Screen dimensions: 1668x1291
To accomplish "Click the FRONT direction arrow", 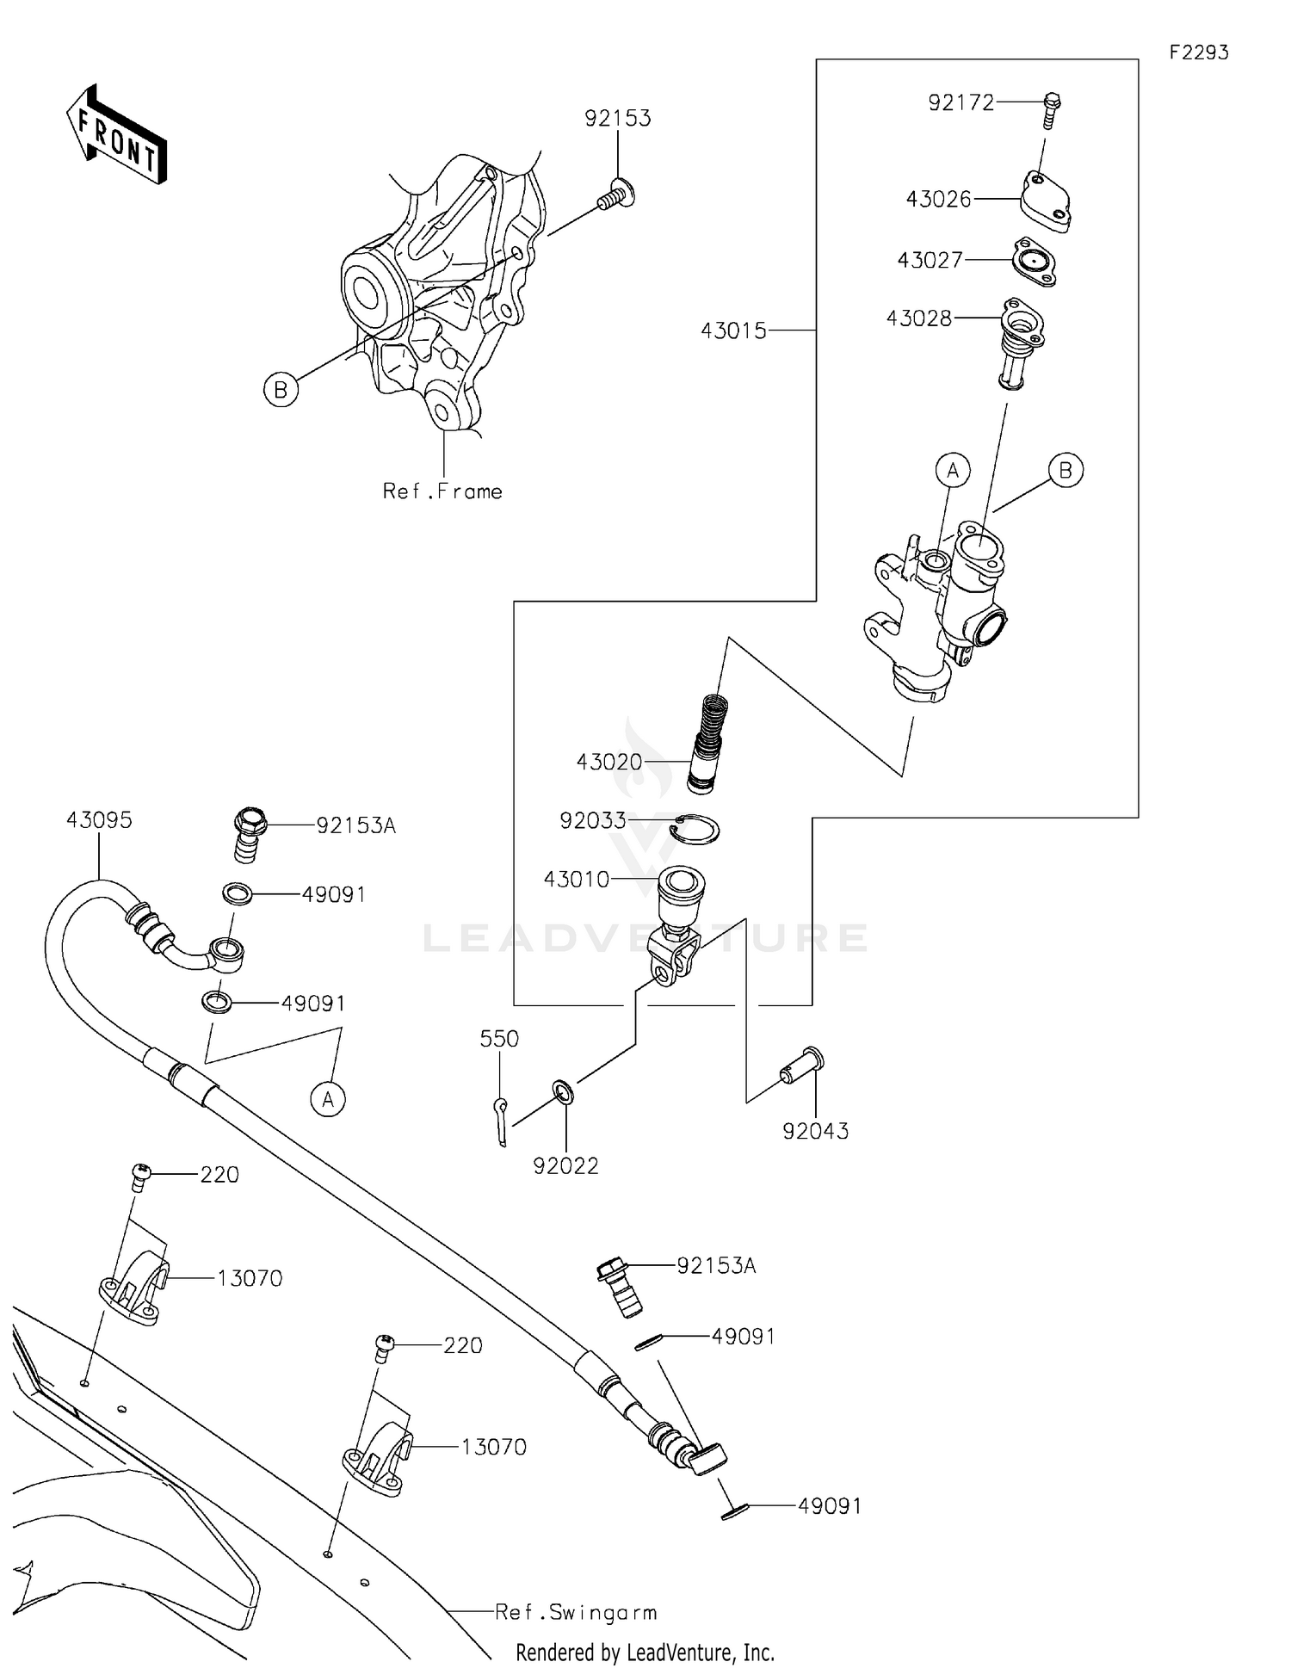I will coord(116,136).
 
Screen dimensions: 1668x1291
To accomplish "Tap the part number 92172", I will coord(961,102).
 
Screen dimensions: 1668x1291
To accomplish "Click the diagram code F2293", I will coord(1198,53).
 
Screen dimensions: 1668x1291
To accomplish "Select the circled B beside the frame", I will coord(281,390).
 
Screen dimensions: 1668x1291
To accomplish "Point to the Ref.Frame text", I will coord(442,491).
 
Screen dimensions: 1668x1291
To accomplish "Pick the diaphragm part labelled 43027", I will coord(1035,262).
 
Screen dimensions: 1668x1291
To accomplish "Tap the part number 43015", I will coord(733,331).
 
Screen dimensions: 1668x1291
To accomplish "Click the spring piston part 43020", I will coord(711,742).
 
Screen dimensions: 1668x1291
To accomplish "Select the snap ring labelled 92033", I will coord(695,828).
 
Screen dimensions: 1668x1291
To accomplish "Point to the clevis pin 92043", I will coord(801,1066).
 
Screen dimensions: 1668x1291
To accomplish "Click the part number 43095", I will coord(99,820).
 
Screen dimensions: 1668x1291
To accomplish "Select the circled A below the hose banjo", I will coord(328,1099).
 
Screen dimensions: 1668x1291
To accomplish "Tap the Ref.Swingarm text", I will coord(576,1612).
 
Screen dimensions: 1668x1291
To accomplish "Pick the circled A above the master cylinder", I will coord(953,470).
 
